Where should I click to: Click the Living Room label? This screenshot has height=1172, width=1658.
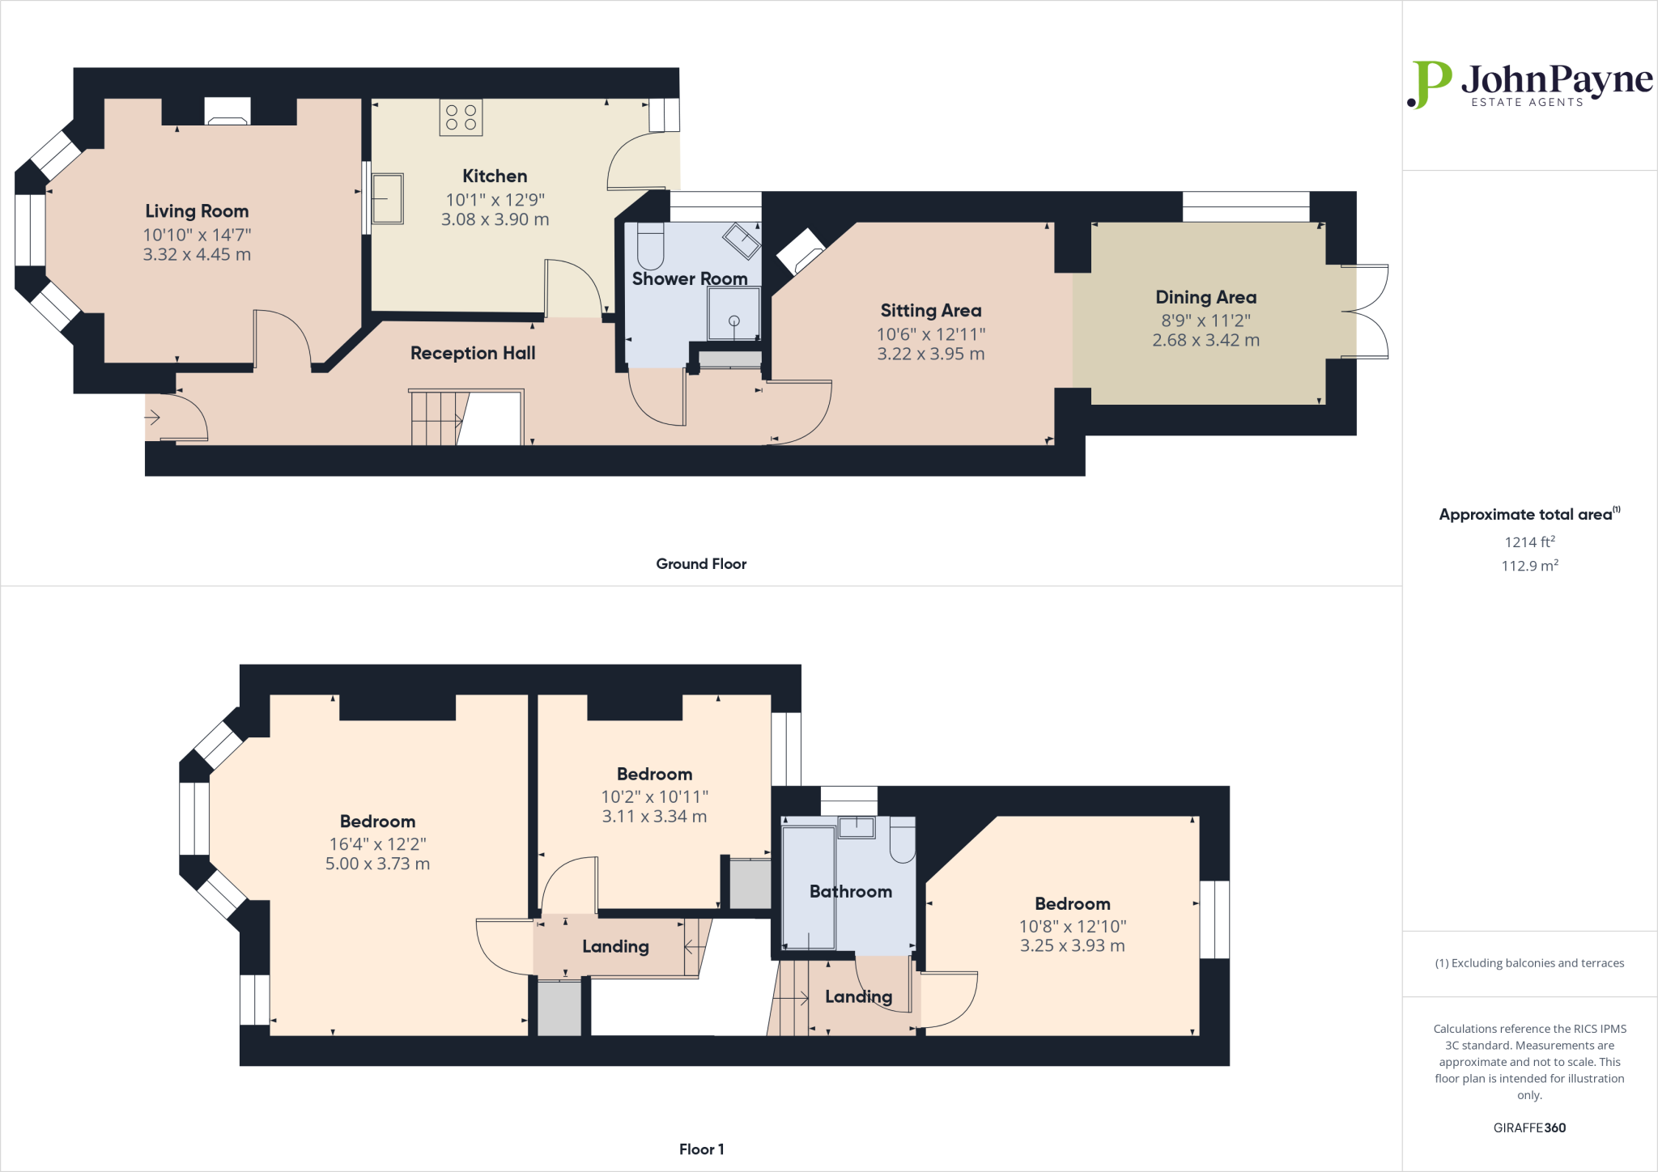[197, 211]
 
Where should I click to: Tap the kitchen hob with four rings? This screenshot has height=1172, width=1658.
[461, 117]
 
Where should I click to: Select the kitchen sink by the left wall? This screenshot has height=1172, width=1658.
[387, 198]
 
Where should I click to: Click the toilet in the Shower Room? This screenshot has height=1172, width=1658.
[650, 247]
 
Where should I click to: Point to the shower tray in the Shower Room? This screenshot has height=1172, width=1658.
[733, 314]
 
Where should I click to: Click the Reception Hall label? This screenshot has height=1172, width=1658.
[473, 353]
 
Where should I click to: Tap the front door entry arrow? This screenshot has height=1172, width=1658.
[152, 418]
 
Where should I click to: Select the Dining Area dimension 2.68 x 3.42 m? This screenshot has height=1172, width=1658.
[1205, 341]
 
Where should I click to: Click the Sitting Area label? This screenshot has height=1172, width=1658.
[930, 311]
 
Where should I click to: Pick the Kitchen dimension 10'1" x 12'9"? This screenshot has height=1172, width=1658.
[495, 200]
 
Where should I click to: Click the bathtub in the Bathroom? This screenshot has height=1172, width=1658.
[808, 887]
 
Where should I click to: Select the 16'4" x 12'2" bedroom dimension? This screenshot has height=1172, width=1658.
[377, 844]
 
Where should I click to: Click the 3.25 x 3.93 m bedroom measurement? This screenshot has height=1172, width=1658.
[1072, 946]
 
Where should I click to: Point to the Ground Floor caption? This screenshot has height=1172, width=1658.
[701, 564]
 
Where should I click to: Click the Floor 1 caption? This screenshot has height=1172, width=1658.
[701, 1149]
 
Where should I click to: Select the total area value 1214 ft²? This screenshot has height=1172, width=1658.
[1529, 542]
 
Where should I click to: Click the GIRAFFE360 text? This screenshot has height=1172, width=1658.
[1529, 1127]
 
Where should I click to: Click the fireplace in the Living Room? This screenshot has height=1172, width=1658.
[227, 113]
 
